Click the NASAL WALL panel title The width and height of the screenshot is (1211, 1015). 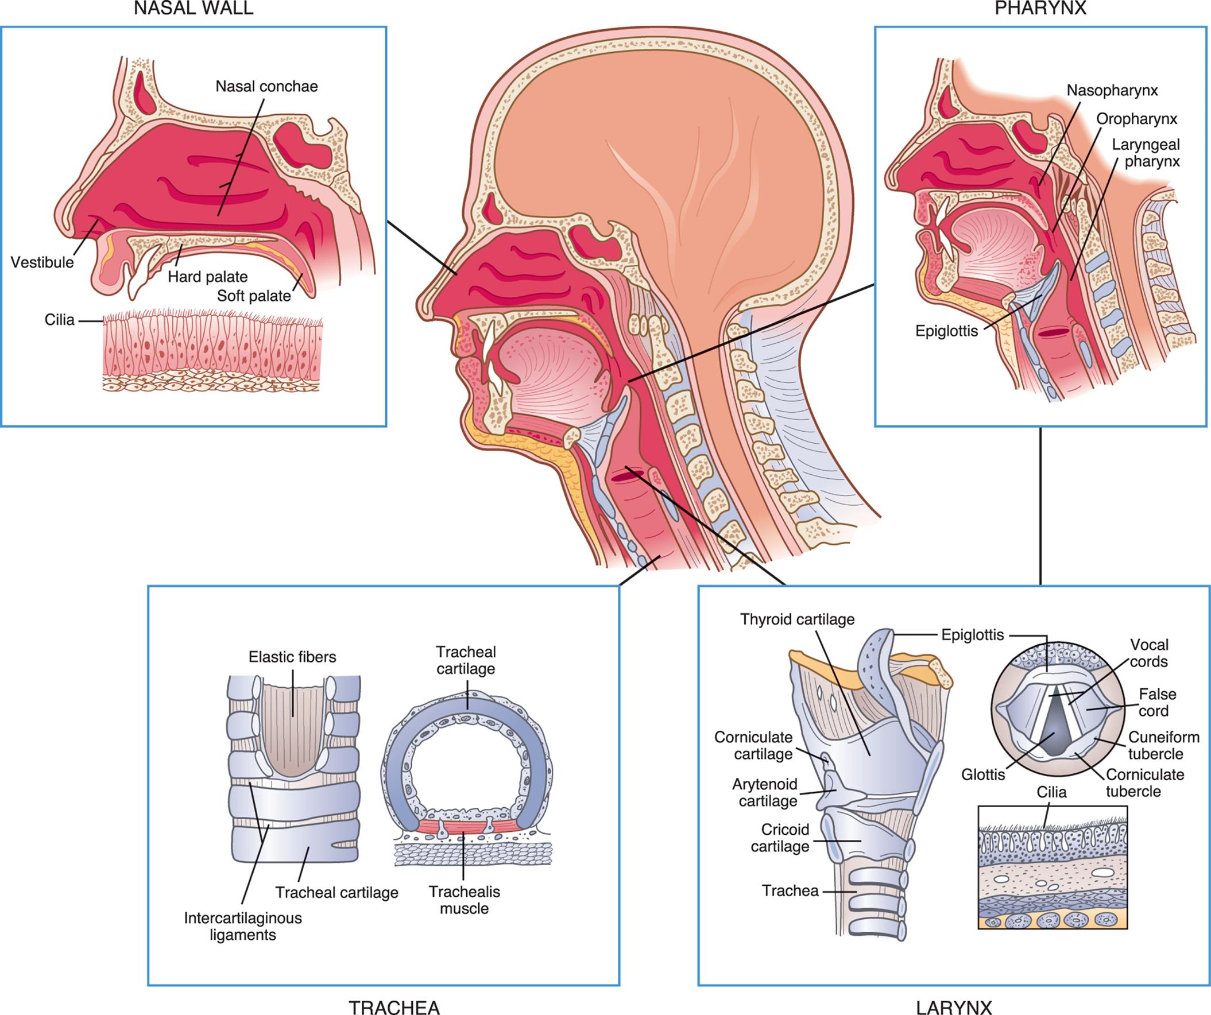[x=193, y=9]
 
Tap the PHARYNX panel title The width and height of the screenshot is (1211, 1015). [x=1040, y=9]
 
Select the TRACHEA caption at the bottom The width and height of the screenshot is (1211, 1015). [x=394, y=1006]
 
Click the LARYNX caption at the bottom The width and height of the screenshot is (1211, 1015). [x=954, y=1006]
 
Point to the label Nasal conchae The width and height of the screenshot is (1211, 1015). [x=266, y=87]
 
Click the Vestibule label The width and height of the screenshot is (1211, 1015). [x=42, y=262]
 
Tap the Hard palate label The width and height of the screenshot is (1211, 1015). [x=208, y=277]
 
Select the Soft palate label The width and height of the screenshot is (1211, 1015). [x=254, y=296]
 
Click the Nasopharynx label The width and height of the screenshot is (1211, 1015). [x=1112, y=91]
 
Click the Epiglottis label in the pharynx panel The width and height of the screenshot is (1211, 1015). [x=946, y=331]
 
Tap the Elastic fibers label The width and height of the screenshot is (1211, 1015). [x=292, y=657]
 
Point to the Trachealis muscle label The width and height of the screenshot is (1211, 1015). [x=464, y=900]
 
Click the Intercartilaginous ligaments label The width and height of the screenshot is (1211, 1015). [x=243, y=926]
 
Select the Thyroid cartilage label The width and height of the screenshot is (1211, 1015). [x=797, y=619]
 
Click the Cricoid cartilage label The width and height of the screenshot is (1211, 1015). [x=780, y=838]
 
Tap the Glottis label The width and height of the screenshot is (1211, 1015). [x=982, y=774]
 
